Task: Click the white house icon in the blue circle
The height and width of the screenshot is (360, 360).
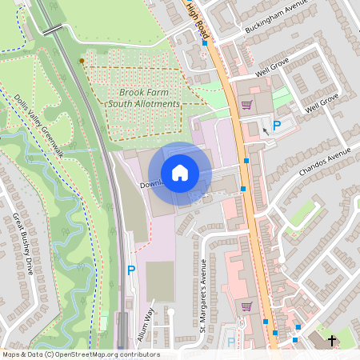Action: pyautogui.click(x=180, y=172)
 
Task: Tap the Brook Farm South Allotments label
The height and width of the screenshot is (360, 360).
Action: pyautogui.click(x=144, y=98)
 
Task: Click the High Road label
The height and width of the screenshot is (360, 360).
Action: pyautogui.click(x=198, y=21)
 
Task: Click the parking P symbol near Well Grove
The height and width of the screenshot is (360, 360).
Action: pyautogui.click(x=277, y=126)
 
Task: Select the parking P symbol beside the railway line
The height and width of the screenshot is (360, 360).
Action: pyautogui.click(x=131, y=270)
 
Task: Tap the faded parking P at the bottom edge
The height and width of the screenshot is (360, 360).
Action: pyautogui.click(x=231, y=342)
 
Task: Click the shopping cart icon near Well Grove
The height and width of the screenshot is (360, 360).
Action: pyautogui.click(x=246, y=105)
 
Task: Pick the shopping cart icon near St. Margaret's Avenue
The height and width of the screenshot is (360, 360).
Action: pyautogui.click(x=246, y=306)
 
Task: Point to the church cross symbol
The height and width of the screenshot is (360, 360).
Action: pyautogui.click(x=332, y=342)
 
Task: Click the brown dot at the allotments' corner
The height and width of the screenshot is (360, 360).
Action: pyautogui.click(x=82, y=61)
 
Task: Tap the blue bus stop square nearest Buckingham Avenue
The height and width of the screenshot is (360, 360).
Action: pyautogui.click(x=205, y=44)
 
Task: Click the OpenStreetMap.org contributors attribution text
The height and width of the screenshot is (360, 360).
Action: pyautogui.click(x=104, y=354)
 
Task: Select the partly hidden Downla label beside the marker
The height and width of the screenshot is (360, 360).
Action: pyautogui.click(x=152, y=184)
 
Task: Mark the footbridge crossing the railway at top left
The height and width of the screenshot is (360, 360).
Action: pyautogui.click(x=53, y=30)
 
